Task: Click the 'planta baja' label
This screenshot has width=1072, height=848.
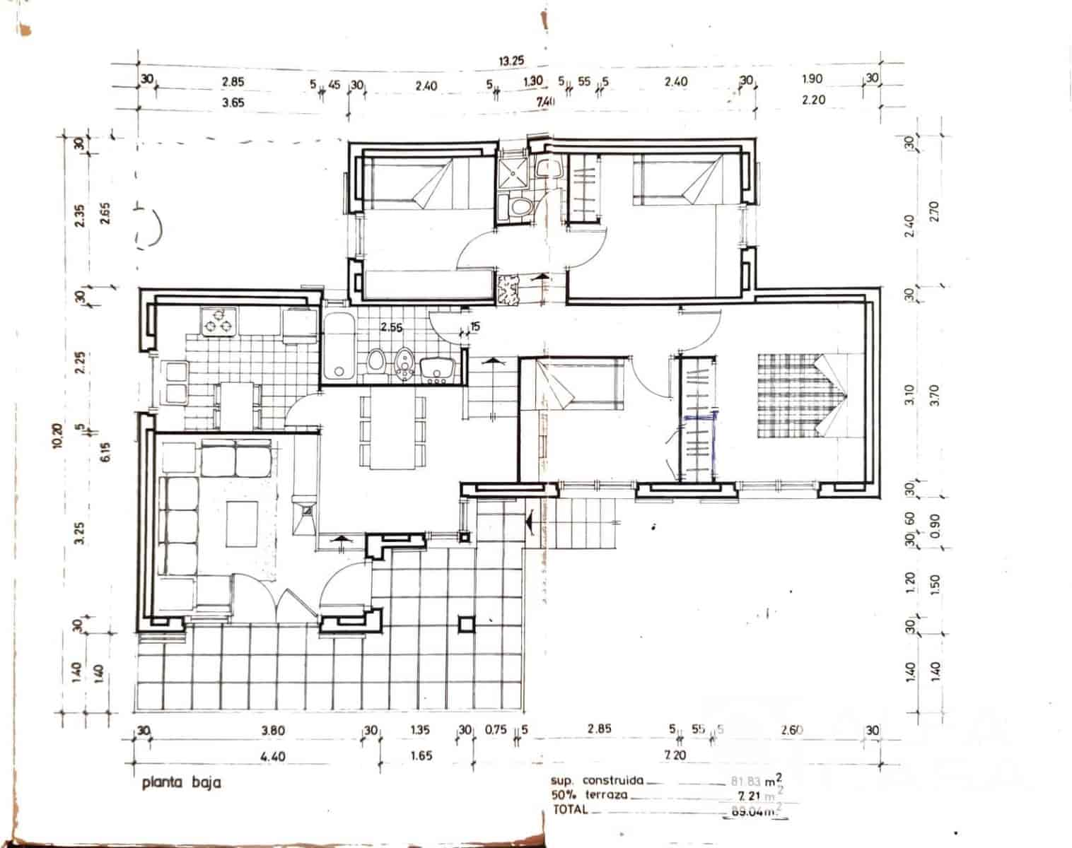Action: pyautogui.click(x=181, y=782)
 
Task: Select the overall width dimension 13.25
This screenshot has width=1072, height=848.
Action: pyautogui.click(x=511, y=61)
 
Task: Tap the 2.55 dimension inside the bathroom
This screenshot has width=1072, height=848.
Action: pyautogui.click(x=391, y=327)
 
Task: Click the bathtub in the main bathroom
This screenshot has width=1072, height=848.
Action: pyautogui.click(x=339, y=348)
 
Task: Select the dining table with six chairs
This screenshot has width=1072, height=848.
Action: pyautogui.click(x=392, y=431)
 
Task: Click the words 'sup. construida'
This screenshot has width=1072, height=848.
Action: pyautogui.click(x=597, y=781)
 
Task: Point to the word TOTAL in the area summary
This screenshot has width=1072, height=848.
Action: pyautogui.click(x=570, y=810)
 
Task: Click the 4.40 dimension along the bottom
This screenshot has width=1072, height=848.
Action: pyautogui.click(x=273, y=756)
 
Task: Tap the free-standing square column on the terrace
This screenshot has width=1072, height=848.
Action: pyautogui.click(x=465, y=623)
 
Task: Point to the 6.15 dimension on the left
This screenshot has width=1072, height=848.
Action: pyautogui.click(x=106, y=448)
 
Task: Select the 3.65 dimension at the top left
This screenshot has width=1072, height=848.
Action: pyautogui.click(x=233, y=102)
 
